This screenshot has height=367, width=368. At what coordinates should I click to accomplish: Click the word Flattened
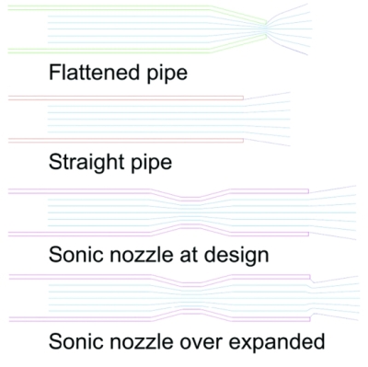(x=95, y=72)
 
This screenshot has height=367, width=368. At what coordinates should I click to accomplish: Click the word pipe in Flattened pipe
(x=167, y=74)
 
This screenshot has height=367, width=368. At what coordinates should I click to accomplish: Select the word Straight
(x=86, y=162)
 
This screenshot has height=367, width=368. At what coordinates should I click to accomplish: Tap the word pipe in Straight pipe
(x=152, y=163)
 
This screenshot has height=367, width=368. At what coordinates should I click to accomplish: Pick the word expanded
(x=277, y=342)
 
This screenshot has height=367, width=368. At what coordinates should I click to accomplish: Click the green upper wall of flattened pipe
(x=137, y=8)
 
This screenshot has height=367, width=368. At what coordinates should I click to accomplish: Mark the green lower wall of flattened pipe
(x=137, y=51)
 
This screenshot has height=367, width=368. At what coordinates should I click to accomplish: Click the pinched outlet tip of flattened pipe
(x=266, y=28)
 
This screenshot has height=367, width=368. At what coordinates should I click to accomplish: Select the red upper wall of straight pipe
(x=126, y=98)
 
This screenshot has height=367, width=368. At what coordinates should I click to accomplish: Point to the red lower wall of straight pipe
(x=126, y=141)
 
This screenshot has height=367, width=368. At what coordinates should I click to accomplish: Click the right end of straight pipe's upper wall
(x=244, y=98)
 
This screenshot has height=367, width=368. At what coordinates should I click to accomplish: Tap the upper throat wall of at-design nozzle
(x=190, y=199)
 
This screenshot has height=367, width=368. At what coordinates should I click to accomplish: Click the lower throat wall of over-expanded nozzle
(x=190, y=311)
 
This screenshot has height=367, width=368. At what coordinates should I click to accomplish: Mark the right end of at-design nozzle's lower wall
(x=308, y=235)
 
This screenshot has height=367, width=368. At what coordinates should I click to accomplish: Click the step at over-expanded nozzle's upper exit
(x=311, y=280)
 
